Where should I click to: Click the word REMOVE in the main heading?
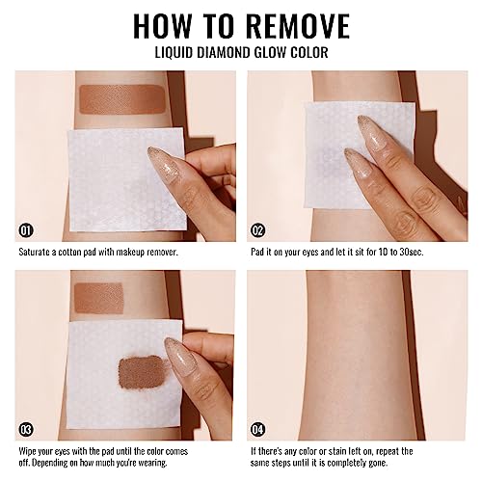pos(300,26)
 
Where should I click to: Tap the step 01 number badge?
pos(26,230)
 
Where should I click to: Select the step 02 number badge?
pos(257,230)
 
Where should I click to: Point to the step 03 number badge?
pos(26,430)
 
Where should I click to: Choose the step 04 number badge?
pos(257,430)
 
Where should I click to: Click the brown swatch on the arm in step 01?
pos(122,99)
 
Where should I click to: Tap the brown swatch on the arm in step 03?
pos(99,298)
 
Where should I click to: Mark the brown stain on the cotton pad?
pos(142,372)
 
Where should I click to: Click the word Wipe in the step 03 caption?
pos(27,451)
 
